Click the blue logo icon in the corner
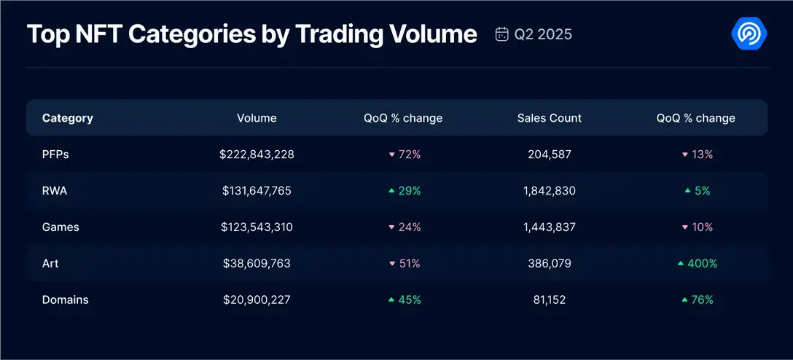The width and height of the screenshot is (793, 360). pos(749,34)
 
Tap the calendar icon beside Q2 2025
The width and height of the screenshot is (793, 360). pos(501,34)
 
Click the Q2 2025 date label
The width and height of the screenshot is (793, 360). pos(543,34)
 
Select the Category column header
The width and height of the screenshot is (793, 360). pos(68,118)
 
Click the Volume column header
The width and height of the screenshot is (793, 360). pos(257,118)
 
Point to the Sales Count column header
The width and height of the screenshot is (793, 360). pos(550,118)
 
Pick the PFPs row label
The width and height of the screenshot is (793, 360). pos(55,154)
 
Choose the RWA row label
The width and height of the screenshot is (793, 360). pos(55,191)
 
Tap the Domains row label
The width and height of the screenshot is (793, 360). pos(65,300)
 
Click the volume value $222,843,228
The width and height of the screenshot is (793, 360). pos(257,154)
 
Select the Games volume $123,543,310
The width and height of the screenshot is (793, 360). pos(257,227)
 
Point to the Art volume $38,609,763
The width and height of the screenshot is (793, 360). pos(257,263)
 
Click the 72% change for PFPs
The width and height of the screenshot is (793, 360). pos(405,154)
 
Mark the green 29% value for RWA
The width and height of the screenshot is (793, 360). pos(405,191)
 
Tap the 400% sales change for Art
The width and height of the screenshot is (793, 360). pos(698,263)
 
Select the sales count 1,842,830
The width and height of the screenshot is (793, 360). pos(550,191)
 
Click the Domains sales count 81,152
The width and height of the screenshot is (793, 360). pos(550,300)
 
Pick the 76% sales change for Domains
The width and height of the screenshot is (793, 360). pos(698,300)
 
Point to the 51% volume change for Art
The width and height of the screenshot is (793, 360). pos(405,263)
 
